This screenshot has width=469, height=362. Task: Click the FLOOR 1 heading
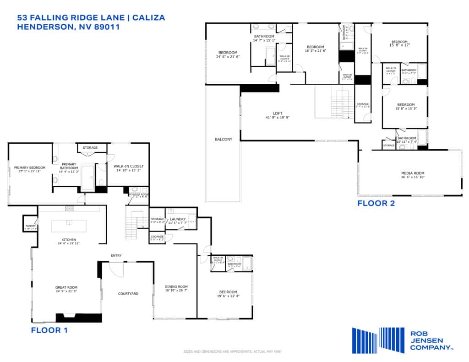coord(49,330)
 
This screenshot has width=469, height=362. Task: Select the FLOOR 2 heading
coord(376,203)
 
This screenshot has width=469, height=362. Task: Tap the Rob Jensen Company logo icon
coord(378,340)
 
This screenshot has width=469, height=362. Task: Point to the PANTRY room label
coord(30,226)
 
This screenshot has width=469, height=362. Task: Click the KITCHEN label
coord(69,240)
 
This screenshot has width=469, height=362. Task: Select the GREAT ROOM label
coord(66,287)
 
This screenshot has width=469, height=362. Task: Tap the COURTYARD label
coord(128,293)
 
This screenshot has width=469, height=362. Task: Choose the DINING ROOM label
coord(176,287)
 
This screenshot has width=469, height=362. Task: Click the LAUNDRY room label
coord(177,219)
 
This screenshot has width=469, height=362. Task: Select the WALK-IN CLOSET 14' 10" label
coord(129,166)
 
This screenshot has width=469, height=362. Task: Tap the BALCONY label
coord(223,139)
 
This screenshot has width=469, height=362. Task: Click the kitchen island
coord(68,226)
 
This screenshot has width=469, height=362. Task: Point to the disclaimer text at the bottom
coord(233,351)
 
